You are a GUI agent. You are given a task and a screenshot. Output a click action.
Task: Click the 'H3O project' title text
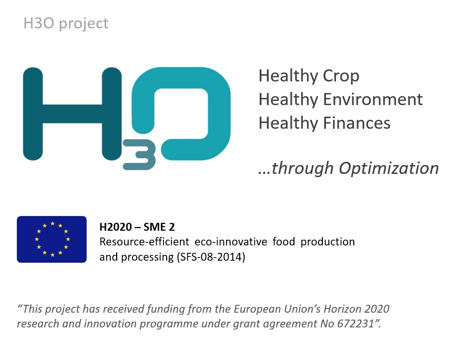point(66,24)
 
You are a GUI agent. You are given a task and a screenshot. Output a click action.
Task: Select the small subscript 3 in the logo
point(139,155)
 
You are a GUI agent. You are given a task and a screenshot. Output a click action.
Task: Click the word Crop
point(341,76)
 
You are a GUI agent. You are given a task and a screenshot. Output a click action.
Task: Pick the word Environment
point(373,99)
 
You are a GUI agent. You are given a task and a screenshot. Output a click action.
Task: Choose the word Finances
point(357,123)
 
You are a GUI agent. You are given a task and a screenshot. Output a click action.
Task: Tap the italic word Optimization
point(389,169)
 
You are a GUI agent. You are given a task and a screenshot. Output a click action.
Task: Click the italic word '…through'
point(296,169)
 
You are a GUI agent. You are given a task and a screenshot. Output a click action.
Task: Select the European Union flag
point(52,239)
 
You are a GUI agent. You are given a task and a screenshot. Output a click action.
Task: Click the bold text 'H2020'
point(116,227)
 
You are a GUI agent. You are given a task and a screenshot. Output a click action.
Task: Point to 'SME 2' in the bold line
point(159,227)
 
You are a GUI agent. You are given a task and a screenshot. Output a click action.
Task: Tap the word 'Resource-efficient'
point(145,242)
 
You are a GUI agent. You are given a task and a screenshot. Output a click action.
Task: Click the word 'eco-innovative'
point(231,242)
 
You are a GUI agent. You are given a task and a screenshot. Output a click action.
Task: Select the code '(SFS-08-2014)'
point(211,257)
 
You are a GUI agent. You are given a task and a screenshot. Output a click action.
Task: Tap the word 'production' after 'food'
point(328,242)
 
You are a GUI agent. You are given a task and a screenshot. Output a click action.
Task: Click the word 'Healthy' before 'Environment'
point(289,100)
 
